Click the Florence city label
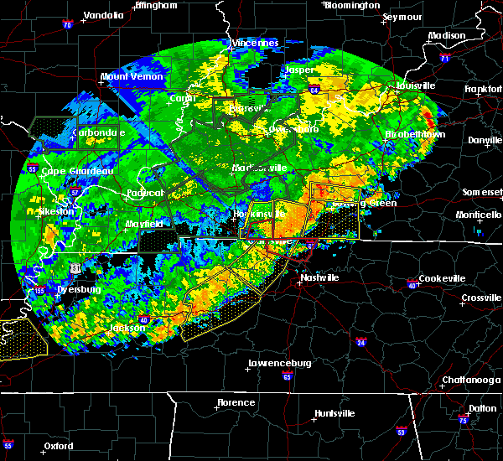pyautogui.click(x=236, y=402)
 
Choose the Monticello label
pyautogui.click(x=480, y=215)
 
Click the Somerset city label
pyautogui.click(x=481, y=192)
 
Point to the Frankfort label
pyautogui.click(x=483, y=88)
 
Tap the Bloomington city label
pyautogui.click(x=352, y=5)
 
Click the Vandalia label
pyautogui.click(x=103, y=15)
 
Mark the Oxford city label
pyautogui.click(x=59, y=446)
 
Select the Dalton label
pyautogui.click(x=481, y=407)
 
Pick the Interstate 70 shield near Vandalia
pyautogui.click(x=66, y=25)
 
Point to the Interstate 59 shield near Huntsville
pyautogui.click(x=402, y=431)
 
